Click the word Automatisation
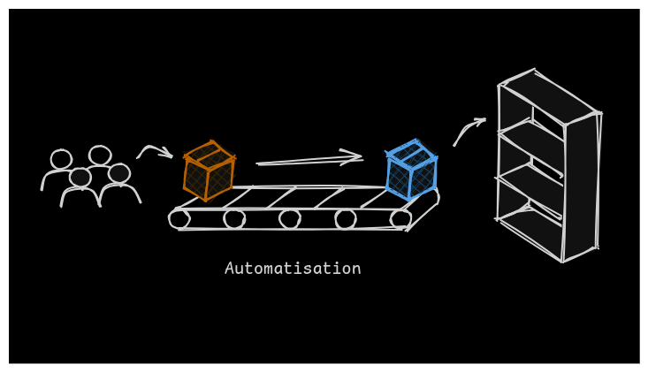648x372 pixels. pos(293,269)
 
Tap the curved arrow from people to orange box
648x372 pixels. pos(154,151)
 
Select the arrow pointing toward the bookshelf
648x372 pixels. pos(468,130)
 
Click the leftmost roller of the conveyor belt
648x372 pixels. pos(179,218)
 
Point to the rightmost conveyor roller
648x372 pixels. pos(400,218)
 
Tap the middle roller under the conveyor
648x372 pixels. pos(290,218)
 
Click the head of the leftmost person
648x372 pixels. pos(61,159)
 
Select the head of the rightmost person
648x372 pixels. pos(119,173)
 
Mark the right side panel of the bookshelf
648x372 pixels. pos(581,188)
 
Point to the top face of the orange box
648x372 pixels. pos(209,156)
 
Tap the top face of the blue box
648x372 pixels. pos(411,154)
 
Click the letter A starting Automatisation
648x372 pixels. pos(230,269)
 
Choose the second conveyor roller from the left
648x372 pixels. pos(234,218)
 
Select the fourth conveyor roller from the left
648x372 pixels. pos(346,218)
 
